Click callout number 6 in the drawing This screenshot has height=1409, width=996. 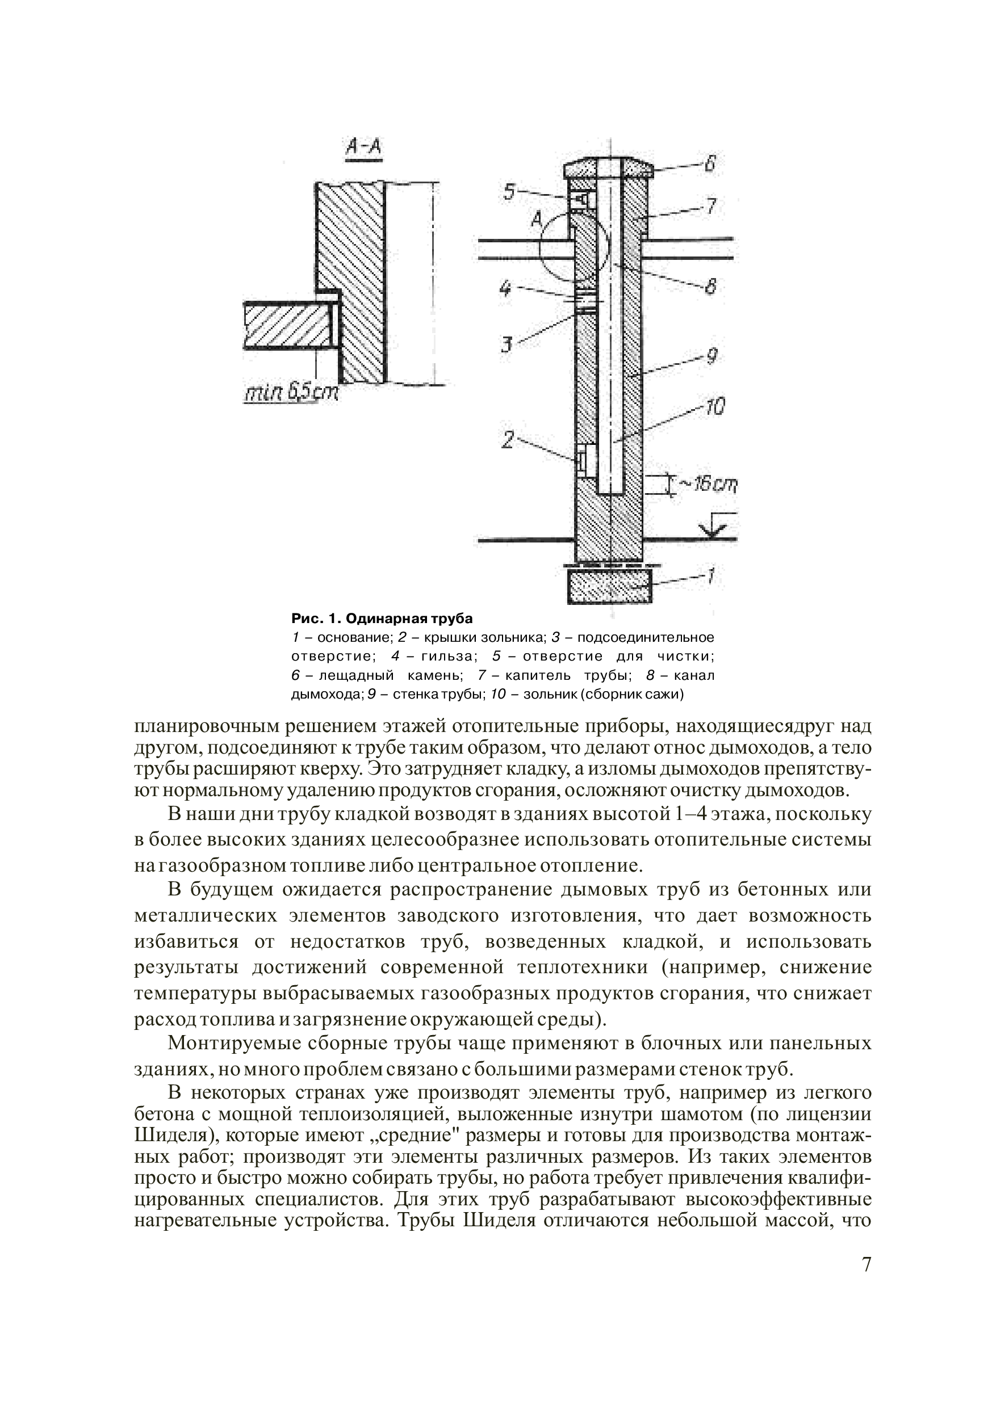point(710,164)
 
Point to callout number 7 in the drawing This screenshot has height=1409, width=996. point(710,205)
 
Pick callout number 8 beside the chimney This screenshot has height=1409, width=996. point(710,286)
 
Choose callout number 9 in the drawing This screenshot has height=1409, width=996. point(711,356)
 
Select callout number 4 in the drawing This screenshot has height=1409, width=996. point(505,288)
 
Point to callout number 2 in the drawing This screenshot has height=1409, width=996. point(507,439)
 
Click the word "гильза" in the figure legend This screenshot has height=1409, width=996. point(447,656)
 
